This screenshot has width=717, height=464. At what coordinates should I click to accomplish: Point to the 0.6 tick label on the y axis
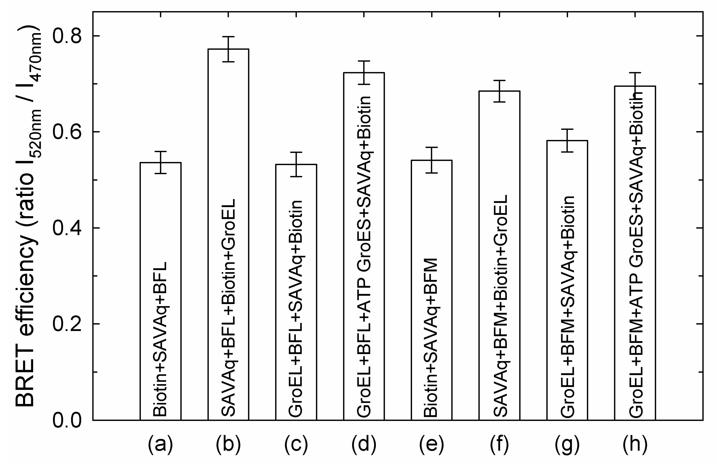[x=67, y=132]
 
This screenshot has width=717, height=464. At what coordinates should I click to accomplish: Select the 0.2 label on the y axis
[x=67, y=324]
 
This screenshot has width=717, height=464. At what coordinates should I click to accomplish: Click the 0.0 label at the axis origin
[x=67, y=420]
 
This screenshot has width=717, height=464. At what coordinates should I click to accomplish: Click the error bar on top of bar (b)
[x=228, y=49]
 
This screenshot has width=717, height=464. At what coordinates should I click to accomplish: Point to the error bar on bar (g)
[x=567, y=140]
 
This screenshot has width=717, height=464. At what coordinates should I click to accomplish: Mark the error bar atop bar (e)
[x=431, y=160]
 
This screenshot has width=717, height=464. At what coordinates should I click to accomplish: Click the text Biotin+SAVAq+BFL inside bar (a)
[x=160, y=339]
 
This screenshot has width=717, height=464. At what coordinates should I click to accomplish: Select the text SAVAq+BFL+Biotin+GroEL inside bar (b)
[x=228, y=307]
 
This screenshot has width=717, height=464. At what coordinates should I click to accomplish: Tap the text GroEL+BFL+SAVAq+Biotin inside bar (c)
[x=296, y=309]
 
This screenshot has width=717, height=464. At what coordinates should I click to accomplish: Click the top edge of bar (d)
[x=364, y=73]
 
